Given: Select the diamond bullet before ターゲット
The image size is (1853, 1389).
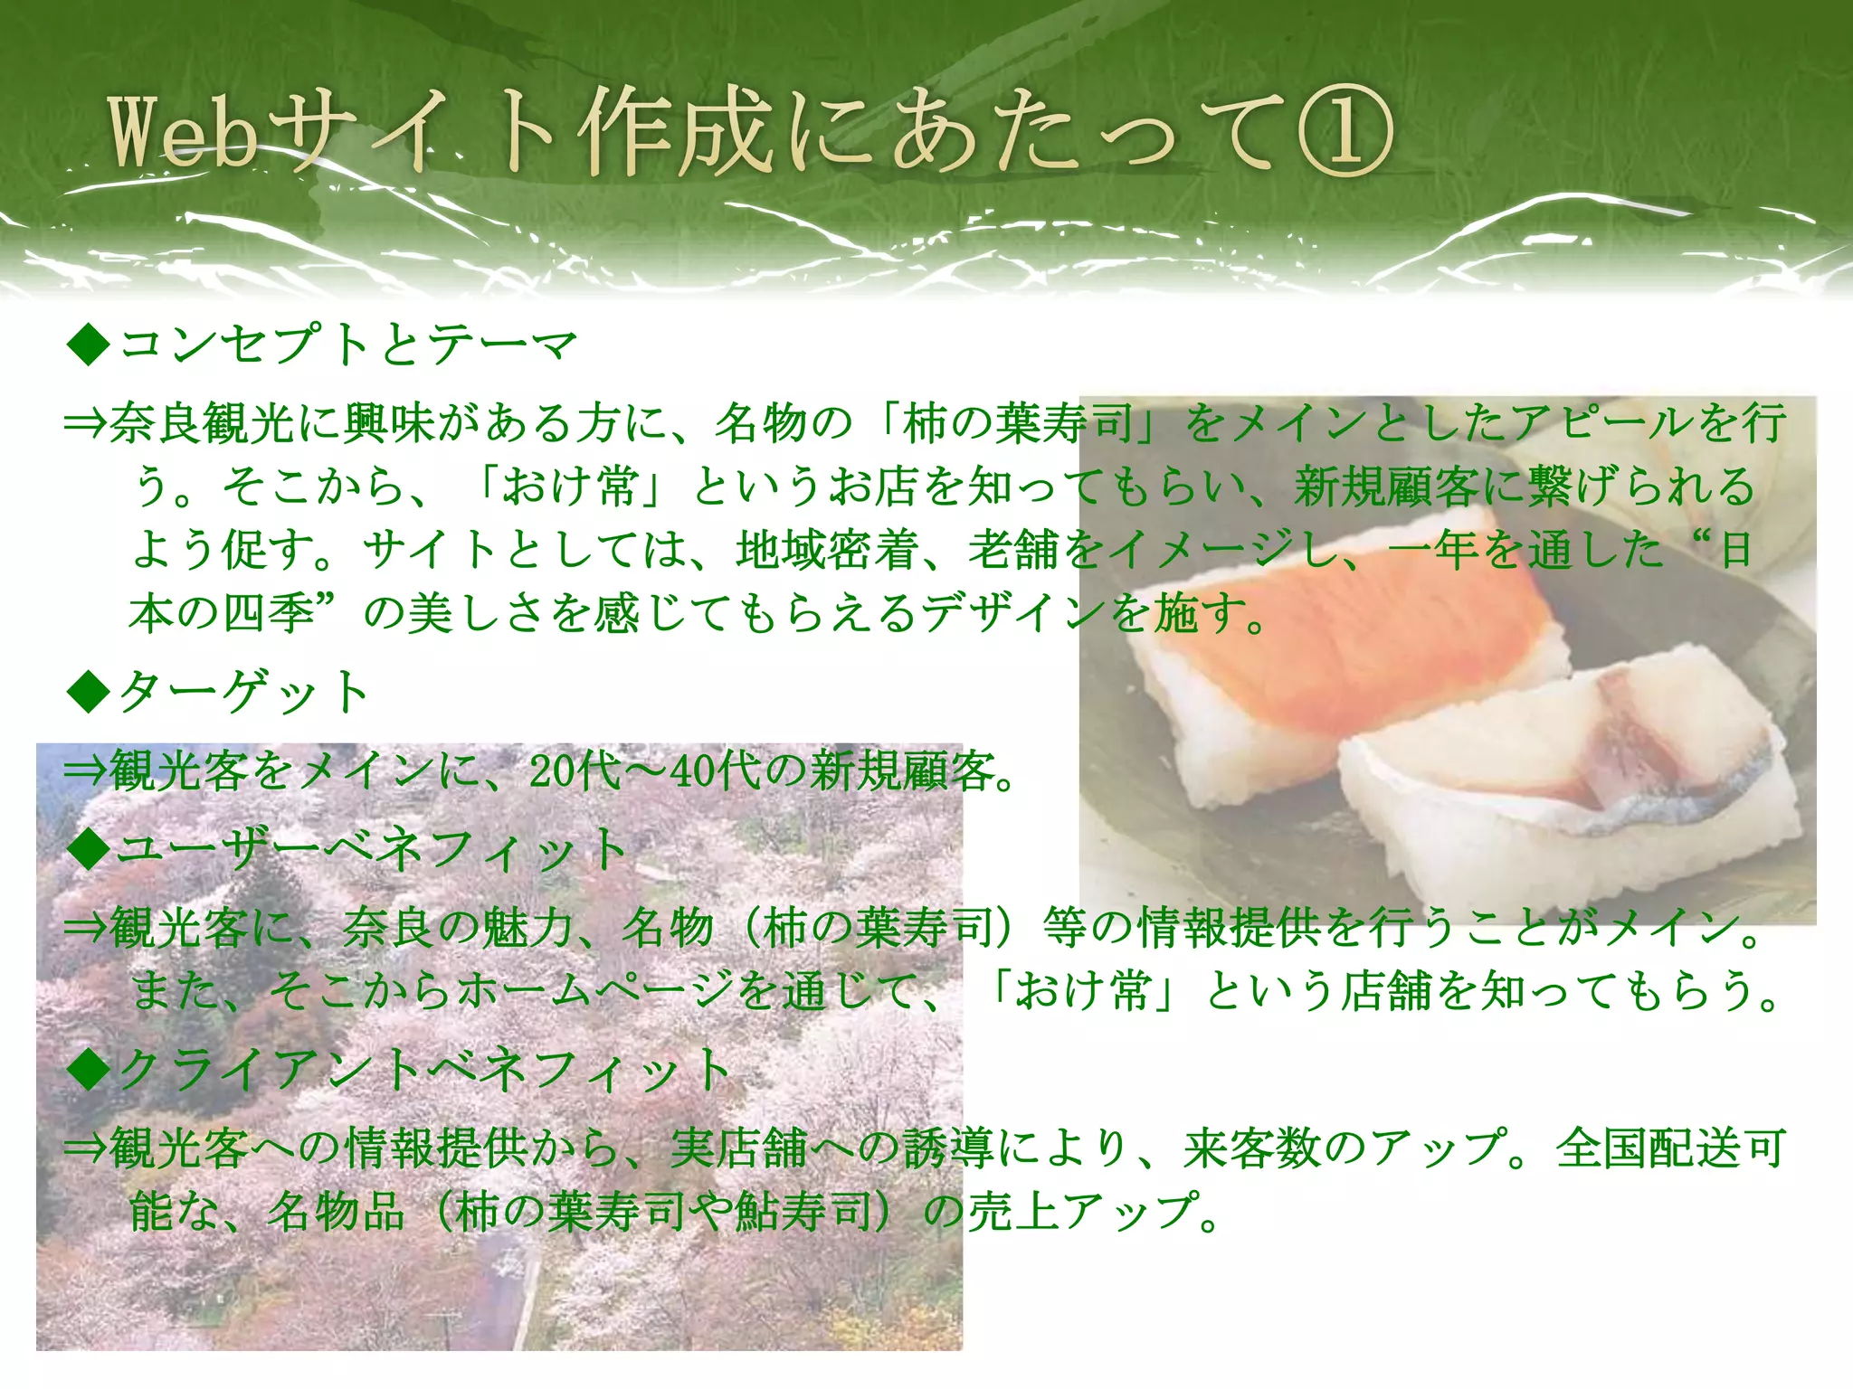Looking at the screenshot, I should coord(88,693).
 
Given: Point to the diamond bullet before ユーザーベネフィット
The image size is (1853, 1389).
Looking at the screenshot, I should coord(88,850).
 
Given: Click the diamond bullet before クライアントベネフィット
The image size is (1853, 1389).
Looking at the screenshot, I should coord(88,1070).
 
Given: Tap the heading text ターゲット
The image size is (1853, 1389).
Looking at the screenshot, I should coord(244,693).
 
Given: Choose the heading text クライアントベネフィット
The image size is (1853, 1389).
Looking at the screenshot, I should coord(425,1070).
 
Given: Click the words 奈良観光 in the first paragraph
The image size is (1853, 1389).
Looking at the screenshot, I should coord(204,423).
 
